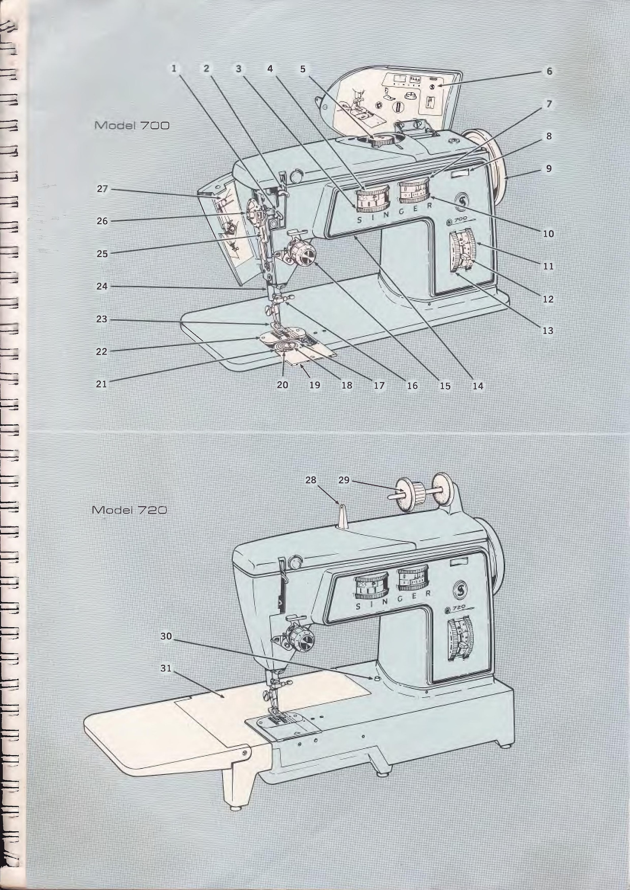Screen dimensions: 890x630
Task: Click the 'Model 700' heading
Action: pos(132,126)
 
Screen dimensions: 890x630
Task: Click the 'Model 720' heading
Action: pos(129,510)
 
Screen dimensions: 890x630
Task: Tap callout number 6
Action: pos(549,71)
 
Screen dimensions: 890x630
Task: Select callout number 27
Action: pos(102,189)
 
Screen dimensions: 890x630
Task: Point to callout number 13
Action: pos(547,331)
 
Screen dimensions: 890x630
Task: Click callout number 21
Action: pos(102,384)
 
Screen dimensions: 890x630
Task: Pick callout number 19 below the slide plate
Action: pos(315,385)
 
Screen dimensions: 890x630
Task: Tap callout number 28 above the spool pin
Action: pos(311,480)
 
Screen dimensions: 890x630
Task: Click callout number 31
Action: pos(166,668)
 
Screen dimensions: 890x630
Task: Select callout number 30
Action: pos(166,636)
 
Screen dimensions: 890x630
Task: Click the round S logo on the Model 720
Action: pos(460,587)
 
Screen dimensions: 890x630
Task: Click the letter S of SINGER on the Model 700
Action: pos(359,220)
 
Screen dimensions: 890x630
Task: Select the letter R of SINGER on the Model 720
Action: pos(428,593)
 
